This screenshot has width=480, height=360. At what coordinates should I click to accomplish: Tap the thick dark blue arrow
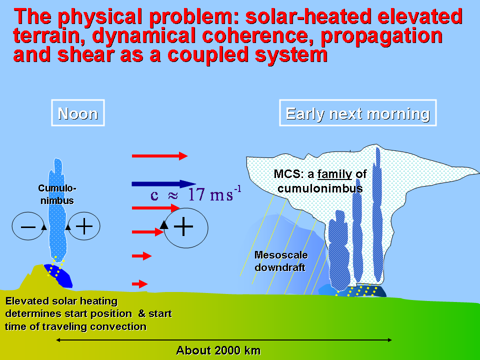(164, 184)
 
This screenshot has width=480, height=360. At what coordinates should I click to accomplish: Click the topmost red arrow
(159, 156)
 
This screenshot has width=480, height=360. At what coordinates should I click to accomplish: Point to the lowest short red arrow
(140, 284)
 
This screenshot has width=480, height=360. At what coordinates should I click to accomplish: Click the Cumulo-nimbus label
(57, 194)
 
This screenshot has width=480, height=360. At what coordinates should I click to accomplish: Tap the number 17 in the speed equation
(196, 194)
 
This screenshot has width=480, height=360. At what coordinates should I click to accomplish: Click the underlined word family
(334, 174)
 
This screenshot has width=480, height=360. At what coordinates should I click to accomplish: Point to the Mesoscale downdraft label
(281, 261)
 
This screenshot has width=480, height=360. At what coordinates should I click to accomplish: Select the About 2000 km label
(218, 350)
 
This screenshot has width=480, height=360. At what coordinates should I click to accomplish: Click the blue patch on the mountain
(59, 275)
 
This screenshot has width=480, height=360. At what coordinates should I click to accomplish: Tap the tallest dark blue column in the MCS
(378, 214)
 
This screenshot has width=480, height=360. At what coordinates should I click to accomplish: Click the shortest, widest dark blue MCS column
(339, 250)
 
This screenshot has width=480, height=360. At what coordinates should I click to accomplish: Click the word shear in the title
(85, 54)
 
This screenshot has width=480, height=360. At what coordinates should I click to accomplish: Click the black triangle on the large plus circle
(164, 224)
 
